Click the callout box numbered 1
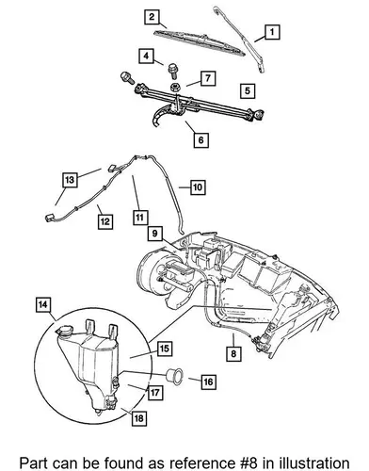(x=272, y=32)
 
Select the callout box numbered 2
(x=152, y=17)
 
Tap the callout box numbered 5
(x=248, y=91)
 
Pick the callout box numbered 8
(x=233, y=354)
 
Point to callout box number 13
(x=70, y=180)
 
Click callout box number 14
(x=43, y=304)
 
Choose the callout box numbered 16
(x=208, y=382)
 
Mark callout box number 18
(x=138, y=418)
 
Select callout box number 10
(x=198, y=187)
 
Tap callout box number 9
(x=155, y=234)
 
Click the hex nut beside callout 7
(x=175, y=87)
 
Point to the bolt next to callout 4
(x=172, y=72)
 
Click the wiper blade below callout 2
(x=200, y=41)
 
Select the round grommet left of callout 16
(x=174, y=374)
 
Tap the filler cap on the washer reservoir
(x=64, y=331)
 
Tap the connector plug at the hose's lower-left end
(x=51, y=218)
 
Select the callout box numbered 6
(x=201, y=139)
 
